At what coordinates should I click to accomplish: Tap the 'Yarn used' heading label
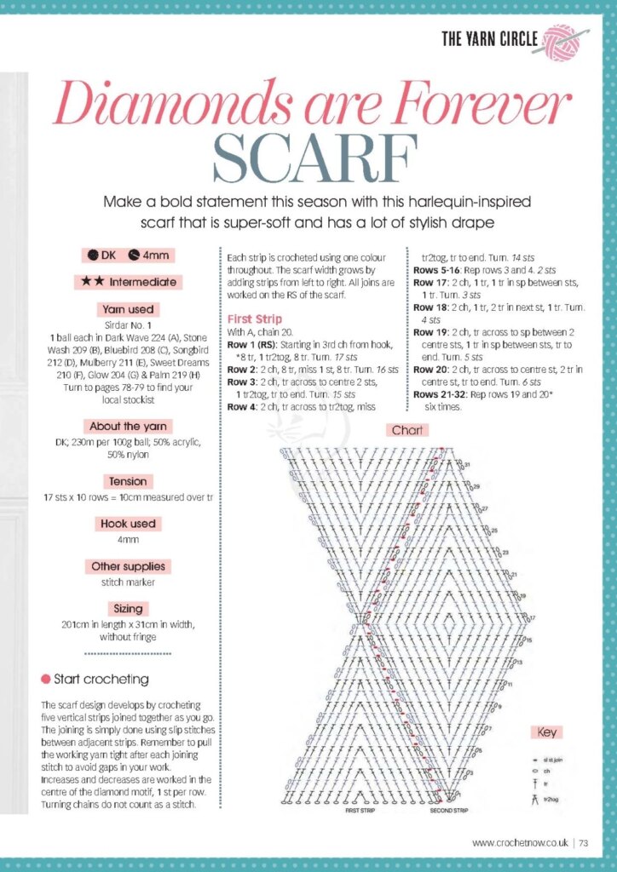127,309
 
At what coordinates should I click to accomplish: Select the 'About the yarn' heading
127,426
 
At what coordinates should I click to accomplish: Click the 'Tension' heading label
127,481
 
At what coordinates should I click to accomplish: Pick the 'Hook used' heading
127,524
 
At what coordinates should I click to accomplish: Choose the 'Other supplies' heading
128,566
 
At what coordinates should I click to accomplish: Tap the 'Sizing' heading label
127,609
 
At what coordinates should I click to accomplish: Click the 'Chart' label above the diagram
407,431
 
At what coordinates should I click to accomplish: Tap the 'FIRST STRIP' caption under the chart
362,811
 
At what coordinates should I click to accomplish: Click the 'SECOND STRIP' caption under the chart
449,811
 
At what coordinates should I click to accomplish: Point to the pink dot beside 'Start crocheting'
45,679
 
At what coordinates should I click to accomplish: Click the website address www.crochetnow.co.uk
520,843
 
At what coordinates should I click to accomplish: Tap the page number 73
584,843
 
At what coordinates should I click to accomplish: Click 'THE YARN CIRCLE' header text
489,38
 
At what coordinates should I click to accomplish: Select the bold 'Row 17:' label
430,283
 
